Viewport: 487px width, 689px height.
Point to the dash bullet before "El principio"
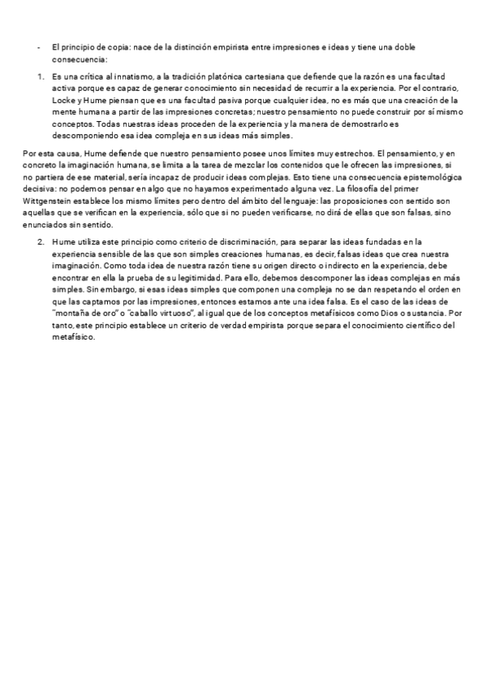[38, 48]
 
